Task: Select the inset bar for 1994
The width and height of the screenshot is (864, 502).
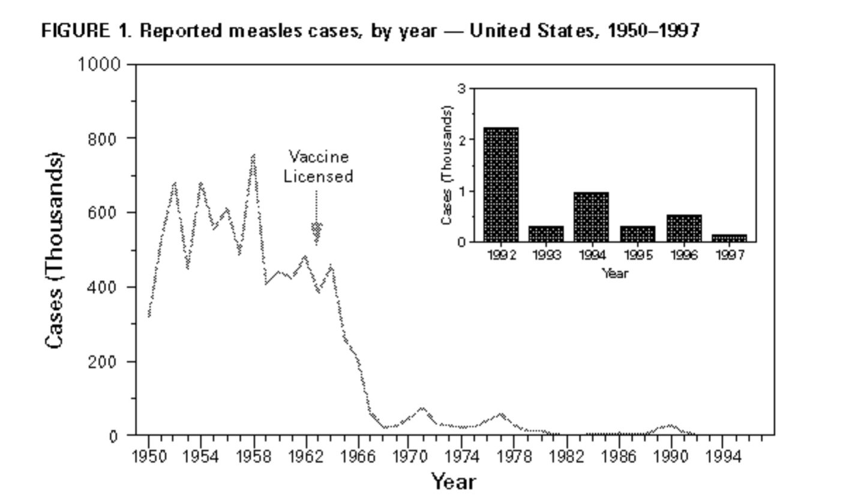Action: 591,217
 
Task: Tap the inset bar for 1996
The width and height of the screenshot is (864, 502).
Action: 684,229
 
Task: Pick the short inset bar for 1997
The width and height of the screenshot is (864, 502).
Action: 729,238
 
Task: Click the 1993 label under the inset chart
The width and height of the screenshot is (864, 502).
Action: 547,255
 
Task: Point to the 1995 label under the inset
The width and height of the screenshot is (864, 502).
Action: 638,255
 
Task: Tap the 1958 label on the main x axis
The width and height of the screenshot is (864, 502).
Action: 253,457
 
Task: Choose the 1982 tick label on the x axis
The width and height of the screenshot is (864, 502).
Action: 567,457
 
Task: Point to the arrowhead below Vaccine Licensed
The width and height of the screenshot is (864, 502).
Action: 316,234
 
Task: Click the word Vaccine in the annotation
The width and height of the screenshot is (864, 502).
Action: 318,157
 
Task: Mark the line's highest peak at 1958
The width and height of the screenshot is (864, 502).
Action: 253,157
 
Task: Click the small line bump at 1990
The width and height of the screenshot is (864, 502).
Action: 671,426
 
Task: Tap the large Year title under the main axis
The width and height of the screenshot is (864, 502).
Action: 454,482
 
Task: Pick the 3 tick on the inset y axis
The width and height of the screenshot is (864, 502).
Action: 461,89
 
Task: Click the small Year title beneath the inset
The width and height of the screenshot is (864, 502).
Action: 615,273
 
